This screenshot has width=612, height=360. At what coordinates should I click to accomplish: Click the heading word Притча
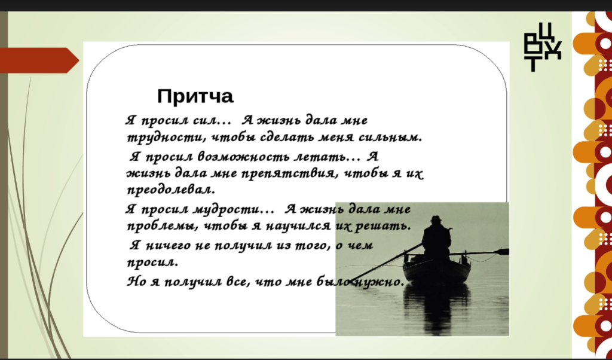(195, 96)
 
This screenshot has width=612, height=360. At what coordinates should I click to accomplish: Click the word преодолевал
(170, 191)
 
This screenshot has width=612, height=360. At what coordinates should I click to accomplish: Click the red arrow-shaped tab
(39, 60)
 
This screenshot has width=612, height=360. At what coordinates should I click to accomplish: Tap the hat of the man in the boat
(436, 218)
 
